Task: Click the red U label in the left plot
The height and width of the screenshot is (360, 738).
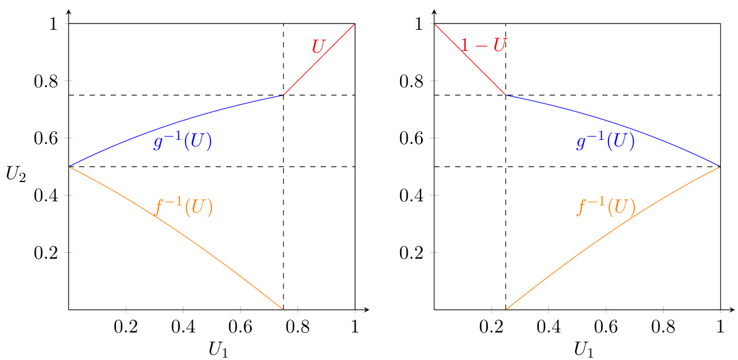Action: pyautogui.click(x=318, y=47)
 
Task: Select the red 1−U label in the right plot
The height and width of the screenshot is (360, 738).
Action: pyautogui.click(x=483, y=44)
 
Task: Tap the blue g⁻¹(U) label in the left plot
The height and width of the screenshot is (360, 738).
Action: pyautogui.click(x=182, y=142)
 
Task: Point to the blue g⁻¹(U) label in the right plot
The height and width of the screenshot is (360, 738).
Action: pyautogui.click(x=606, y=142)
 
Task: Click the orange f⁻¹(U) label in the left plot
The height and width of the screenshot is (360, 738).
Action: pyautogui.click(x=183, y=207)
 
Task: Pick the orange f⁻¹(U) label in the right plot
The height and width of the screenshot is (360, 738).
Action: pyautogui.click(x=606, y=207)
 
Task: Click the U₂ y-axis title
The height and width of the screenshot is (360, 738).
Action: pyautogui.click(x=16, y=174)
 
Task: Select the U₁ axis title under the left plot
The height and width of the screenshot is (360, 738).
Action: pyautogui.click(x=221, y=349)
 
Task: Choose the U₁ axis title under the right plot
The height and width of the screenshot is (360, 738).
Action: pyautogui.click(x=586, y=349)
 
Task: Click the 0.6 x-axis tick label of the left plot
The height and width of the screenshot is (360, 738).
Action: pyautogui.click(x=240, y=325)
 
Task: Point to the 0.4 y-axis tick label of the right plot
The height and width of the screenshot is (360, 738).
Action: pyautogui.click(x=412, y=196)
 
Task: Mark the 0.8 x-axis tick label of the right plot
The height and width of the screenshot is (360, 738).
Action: pyautogui.click(x=663, y=325)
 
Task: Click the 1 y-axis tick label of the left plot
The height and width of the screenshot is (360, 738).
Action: pyautogui.click(x=53, y=24)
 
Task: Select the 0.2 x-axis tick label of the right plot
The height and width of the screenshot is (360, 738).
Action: pyautogui.click(x=491, y=325)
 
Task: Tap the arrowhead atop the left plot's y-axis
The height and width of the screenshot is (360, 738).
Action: pyautogui.click(x=69, y=12)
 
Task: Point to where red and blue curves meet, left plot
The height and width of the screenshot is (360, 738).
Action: pyautogui.click(x=283, y=95)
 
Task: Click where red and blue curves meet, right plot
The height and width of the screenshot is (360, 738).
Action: pyautogui.click(x=505, y=95)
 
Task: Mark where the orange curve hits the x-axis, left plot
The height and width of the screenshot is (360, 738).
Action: pyautogui.click(x=283, y=309)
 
